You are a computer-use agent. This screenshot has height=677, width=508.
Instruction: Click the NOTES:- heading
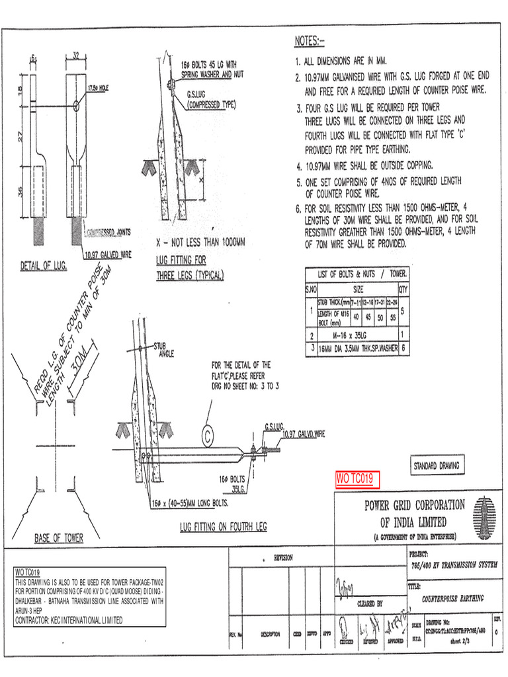point(309,42)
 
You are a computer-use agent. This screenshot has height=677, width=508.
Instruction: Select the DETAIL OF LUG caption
point(43,266)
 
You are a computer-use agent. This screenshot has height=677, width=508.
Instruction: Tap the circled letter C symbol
point(208,435)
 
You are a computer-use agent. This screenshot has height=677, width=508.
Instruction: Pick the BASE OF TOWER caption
point(59,538)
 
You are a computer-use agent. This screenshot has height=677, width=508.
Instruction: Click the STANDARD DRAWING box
point(437,466)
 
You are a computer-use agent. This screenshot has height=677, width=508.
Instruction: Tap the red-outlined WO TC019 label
point(356,478)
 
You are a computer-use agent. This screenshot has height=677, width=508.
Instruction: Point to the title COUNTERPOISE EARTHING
point(452,598)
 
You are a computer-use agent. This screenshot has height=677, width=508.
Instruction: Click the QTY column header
point(403,289)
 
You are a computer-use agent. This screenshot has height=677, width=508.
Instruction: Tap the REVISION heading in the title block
point(283,558)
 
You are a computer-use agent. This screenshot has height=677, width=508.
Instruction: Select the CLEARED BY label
point(370,603)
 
